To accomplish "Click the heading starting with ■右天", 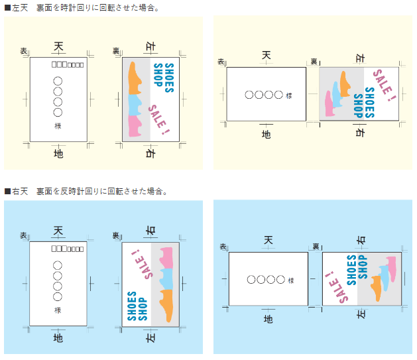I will pyautogui.click(x=86, y=191).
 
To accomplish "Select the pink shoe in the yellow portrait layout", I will pyautogui.click(x=135, y=124).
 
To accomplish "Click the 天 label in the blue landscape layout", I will pyautogui.click(x=268, y=239).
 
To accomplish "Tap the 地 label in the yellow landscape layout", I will pyautogui.click(x=266, y=135).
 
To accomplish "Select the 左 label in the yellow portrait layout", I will pyautogui.click(x=149, y=47).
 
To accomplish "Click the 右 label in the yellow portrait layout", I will pyautogui.click(x=149, y=153).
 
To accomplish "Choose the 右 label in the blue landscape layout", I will pyautogui.click(x=361, y=240).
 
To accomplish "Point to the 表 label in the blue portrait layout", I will pyautogui.click(x=23, y=235).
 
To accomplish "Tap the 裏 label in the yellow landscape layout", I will pyautogui.click(x=314, y=62).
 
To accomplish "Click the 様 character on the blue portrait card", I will pyautogui.click(x=58, y=310).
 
